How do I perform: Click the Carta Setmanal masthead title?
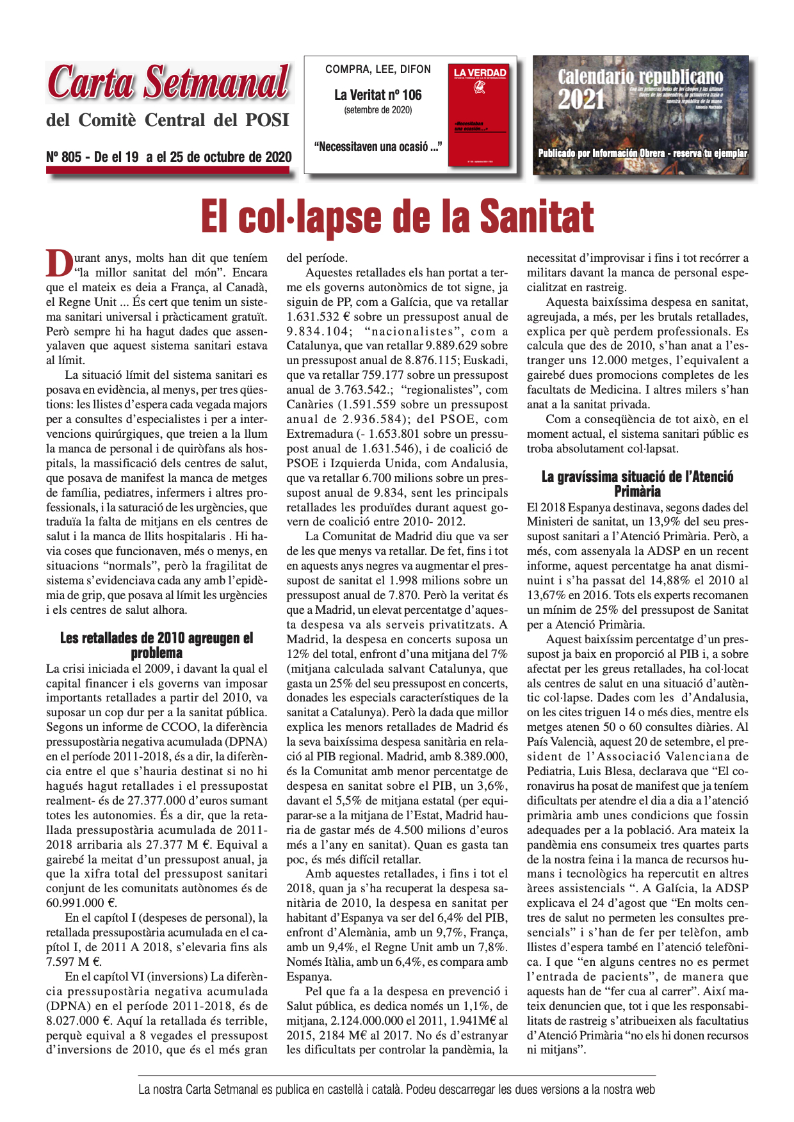pos(169,83)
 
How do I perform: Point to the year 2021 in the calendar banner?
pos(581,100)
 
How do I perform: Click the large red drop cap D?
pos(59,262)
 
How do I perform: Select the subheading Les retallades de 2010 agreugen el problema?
pos(157,645)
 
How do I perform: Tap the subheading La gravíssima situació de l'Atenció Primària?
pos(637,484)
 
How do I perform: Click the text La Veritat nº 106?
pos(378,95)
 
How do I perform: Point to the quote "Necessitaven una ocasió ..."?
pos(378,147)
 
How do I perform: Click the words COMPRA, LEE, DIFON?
pos(378,69)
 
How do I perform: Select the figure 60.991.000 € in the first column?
pos(81,903)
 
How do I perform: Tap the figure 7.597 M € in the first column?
pos(74,962)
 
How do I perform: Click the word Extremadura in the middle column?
pos(319,434)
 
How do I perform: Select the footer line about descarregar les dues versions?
pos(396,1089)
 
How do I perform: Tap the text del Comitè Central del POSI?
pos(168,120)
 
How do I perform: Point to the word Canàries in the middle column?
pos(310,405)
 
